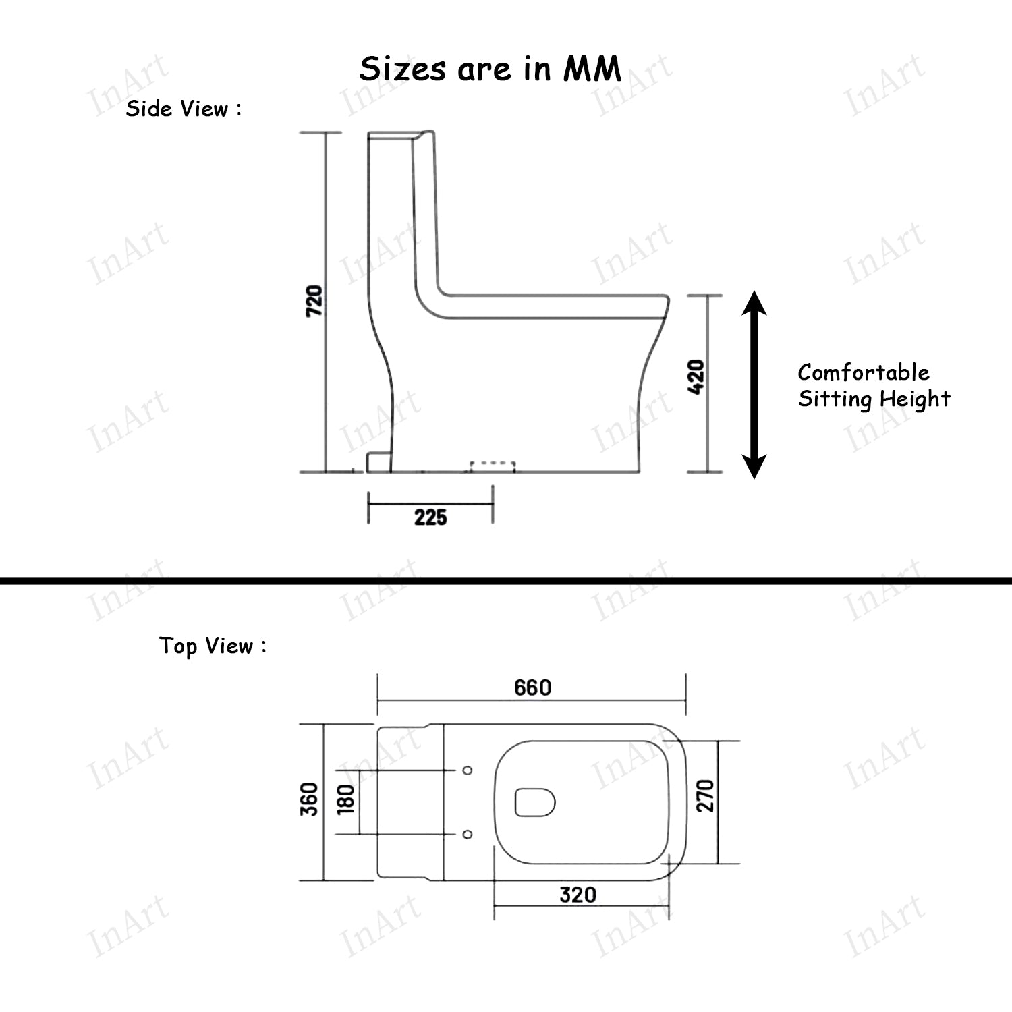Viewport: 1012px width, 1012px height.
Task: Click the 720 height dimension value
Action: [x=314, y=302]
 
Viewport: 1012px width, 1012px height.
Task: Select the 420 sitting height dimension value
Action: [x=697, y=377]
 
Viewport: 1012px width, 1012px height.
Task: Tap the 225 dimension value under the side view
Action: [x=430, y=517]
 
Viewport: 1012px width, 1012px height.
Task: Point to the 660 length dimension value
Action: [x=532, y=687]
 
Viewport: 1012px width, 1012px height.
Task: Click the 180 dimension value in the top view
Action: [x=345, y=799]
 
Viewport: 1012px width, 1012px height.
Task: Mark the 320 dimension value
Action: [x=578, y=895]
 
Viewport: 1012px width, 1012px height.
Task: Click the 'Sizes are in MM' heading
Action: [x=490, y=69]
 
